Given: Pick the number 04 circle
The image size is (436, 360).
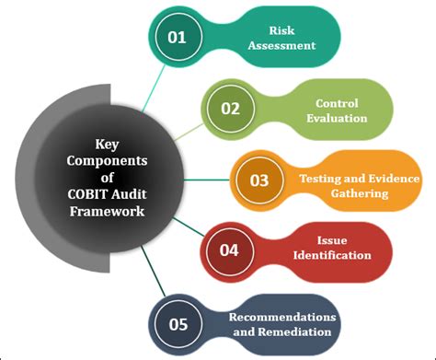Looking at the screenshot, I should [228, 250].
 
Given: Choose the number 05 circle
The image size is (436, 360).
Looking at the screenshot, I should [178, 323].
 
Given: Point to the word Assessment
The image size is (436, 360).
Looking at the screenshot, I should [294, 45].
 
